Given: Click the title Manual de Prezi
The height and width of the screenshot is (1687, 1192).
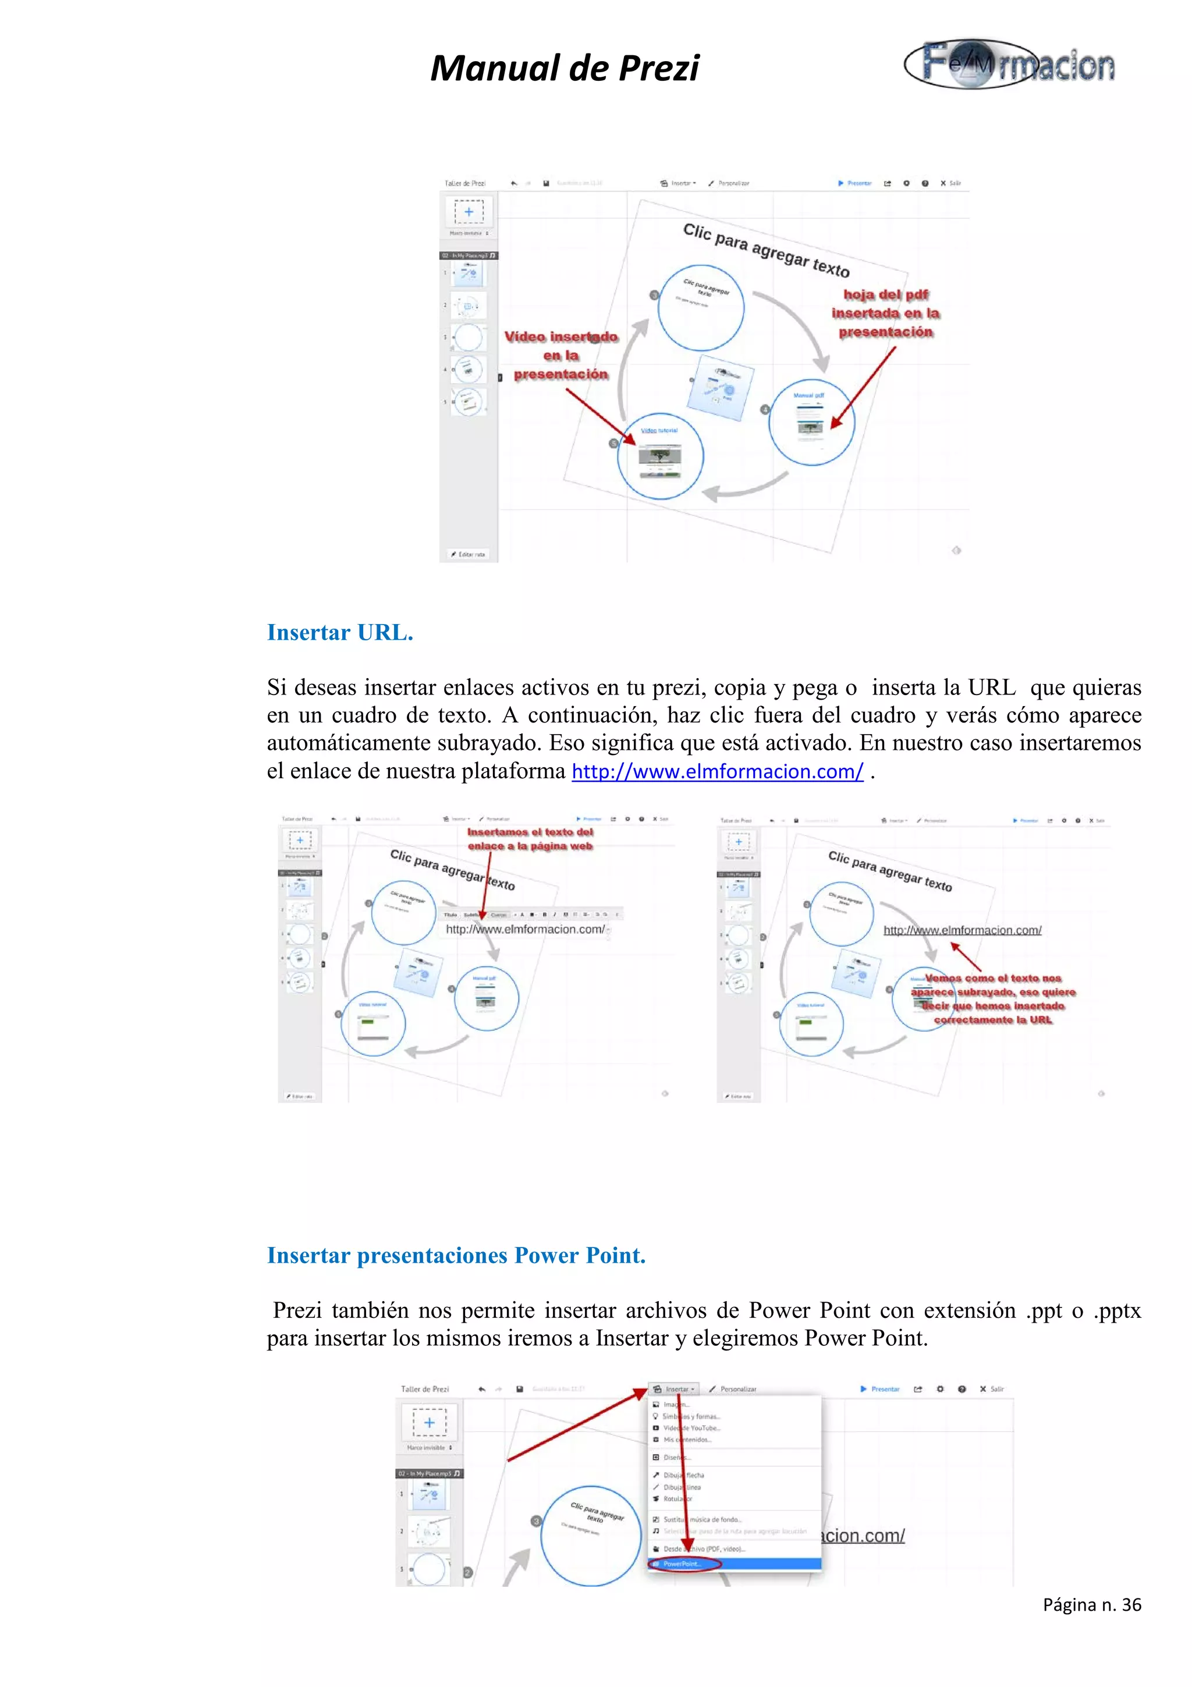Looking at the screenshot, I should point(564,68).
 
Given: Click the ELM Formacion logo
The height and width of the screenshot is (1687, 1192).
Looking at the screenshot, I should point(1009,64).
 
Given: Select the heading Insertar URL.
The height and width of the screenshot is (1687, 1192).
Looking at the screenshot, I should point(340,633).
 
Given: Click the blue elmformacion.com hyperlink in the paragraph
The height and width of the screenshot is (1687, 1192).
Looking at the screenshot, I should point(717,771).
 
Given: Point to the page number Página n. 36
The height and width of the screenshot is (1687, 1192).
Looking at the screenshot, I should point(1091,1605).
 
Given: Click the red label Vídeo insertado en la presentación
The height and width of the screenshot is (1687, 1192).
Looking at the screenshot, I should point(561,356).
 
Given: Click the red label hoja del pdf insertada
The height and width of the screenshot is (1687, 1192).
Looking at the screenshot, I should point(885,313).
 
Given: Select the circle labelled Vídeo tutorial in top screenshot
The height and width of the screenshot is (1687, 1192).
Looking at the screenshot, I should point(659,456).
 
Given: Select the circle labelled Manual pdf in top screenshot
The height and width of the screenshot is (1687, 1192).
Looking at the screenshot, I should point(811,421).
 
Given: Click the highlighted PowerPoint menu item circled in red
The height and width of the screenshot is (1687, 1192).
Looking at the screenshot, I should point(683,1564).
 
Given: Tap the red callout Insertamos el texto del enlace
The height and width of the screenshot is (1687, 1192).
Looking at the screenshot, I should point(530,838).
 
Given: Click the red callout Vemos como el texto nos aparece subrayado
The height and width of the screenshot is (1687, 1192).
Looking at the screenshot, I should point(992,998).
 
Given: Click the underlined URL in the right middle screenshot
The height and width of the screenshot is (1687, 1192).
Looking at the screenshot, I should point(962,930).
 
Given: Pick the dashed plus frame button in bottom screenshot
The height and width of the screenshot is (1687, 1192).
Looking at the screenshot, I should point(430,1423).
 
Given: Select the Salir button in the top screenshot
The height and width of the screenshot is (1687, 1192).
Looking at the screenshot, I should point(950,183).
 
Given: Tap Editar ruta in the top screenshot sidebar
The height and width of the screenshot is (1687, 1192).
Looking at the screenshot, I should point(468,554).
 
